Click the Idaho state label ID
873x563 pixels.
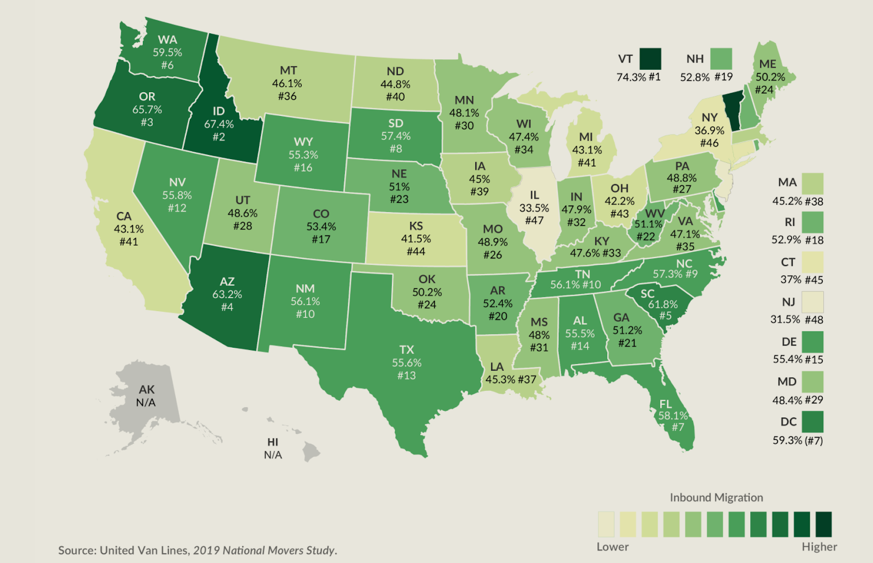coord(218,111)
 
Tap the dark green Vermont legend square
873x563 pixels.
coord(650,59)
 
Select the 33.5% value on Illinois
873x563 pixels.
coord(534,208)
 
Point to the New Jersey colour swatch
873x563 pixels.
coord(812,302)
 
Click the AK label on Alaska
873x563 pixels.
coord(146,390)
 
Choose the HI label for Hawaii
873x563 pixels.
coord(273,442)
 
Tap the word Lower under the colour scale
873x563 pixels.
coord(612,547)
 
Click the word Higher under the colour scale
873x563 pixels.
coord(819,547)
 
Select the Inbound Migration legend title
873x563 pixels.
coord(716,498)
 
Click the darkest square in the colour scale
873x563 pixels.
coord(824,524)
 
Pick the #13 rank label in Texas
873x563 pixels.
coord(406,376)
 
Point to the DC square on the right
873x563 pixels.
coord(812,422)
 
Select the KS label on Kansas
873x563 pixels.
coord(416,226)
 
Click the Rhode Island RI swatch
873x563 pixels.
coord(812,222)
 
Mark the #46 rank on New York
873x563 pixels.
coord(709,143)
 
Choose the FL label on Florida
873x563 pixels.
coord(666,404)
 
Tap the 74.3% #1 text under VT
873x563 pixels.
coord(638,77)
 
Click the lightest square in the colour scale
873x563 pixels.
coord(606,524)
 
